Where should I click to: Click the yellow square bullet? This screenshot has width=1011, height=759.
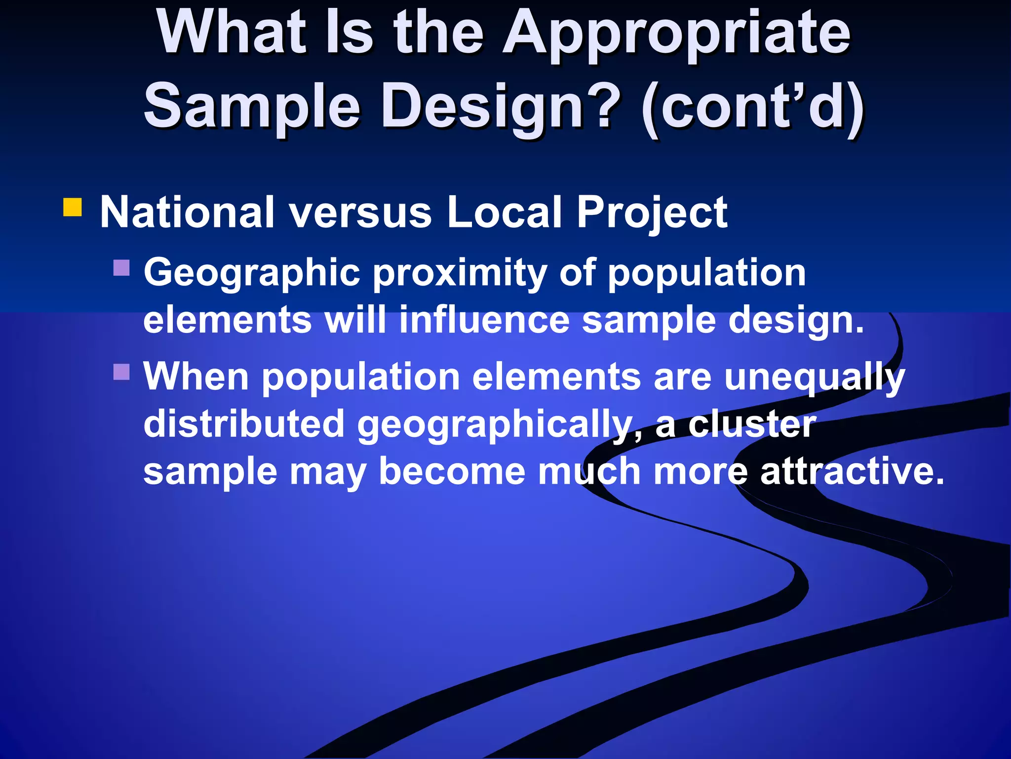pos(73,208)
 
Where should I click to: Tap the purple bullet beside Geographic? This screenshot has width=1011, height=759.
pos(121,268)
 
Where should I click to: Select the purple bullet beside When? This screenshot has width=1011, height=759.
pos(121,372)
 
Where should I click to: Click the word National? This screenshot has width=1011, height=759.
pos(187,212)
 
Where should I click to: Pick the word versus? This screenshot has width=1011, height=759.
pos(360,212)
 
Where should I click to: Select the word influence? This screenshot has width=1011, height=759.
pos(484,320)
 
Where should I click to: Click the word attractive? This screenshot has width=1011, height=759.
pos(852,471)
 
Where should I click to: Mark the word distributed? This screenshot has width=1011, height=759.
pos(244,424)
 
